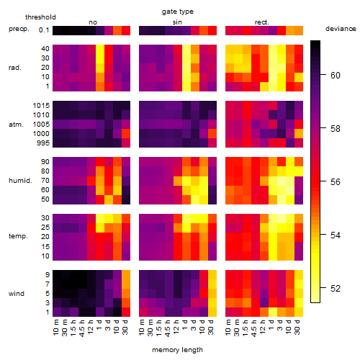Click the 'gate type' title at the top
(178, 12)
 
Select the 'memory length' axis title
(177, 350)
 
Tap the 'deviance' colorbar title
(341, 29)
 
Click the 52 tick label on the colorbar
(336, 288)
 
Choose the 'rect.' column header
(261, 22)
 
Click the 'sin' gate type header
(177, 22)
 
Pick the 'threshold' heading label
(40, 17)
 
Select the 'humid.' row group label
(20, 181)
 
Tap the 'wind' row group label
(17, 294)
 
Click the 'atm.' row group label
(16, 125)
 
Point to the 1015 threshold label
(41, 105)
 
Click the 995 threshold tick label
(43, 143)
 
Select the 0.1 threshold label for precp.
(44, 30)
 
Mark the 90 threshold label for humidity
(45, 162)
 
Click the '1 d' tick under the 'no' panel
(99, 325)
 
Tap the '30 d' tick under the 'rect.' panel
(297, 327)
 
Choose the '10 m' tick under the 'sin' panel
(142, 328)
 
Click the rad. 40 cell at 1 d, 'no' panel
(100, 49)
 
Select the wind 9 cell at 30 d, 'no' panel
(126, 274)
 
